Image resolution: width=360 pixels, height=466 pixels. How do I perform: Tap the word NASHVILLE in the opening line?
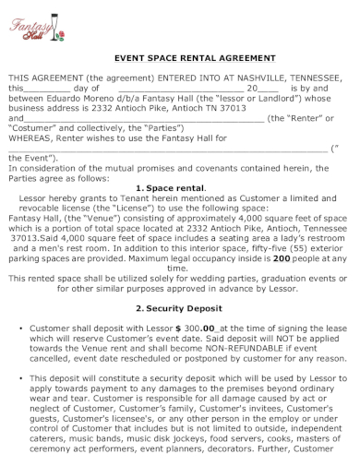232,79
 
